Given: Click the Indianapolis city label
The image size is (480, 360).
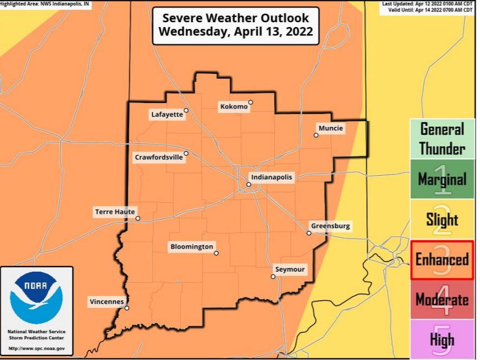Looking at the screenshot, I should coord(271,177).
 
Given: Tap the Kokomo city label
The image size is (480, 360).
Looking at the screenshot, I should coord(234,106).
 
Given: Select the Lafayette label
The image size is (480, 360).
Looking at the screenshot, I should coord(166,114).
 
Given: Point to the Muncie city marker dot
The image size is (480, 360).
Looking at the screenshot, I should coord(316,135).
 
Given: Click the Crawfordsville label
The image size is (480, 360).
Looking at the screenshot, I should coord(159,157).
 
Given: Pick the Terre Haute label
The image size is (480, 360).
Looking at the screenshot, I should coord(114,212).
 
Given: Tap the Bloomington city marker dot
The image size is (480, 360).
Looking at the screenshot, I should coord(216,253).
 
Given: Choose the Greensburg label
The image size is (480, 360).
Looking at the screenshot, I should coord(330,226).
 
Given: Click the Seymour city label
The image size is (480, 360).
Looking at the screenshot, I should coord(290,269).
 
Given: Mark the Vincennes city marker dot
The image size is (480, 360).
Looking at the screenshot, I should coord(127,308).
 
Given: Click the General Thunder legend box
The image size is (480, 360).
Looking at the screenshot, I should coord(442,139).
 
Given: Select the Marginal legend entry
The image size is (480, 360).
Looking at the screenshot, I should coord(442,179).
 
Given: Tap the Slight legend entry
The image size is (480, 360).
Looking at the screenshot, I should coord(442,220).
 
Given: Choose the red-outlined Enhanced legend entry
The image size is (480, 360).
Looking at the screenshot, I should coord(442,260).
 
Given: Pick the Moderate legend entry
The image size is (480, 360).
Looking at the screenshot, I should coord(442,300).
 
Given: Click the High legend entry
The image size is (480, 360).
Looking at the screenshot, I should coord(442,339).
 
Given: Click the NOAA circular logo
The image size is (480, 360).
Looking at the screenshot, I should coord(36,298).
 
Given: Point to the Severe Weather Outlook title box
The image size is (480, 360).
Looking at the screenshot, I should coord(235,25).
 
